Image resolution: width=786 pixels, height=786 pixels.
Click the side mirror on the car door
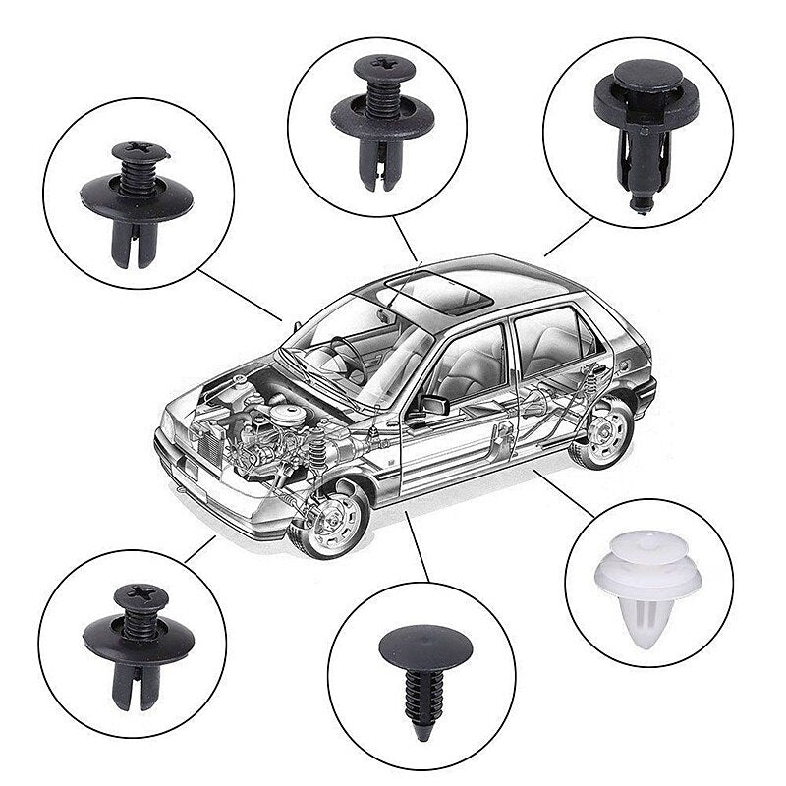point(433,404)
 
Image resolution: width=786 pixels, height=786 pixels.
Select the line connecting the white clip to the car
point(564,492)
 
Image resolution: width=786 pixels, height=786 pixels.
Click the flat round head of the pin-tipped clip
point(640,74)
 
